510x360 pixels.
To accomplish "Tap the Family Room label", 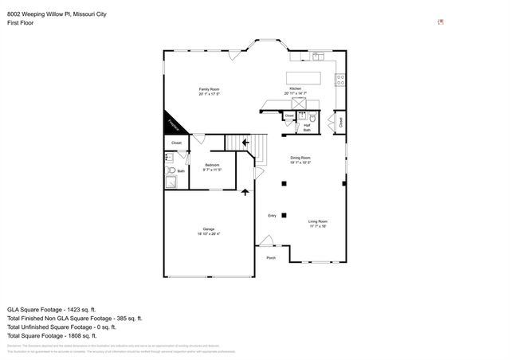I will [x=209, y=88].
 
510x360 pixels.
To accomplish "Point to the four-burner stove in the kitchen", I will [x=340, y=80].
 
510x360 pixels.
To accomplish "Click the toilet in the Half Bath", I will [x=313, y=118].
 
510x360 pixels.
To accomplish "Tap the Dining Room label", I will [x=300, y=158].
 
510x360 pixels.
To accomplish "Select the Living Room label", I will [x=318, y=221].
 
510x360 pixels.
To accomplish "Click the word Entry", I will [x=272, y=215].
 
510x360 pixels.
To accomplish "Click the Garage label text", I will [x=208, y=229].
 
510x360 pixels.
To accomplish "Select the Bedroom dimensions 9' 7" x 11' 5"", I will [x=211, y=170].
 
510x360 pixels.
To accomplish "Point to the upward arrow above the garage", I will [x=245, y=192].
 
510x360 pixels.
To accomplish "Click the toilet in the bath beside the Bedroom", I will [x=169, y=170].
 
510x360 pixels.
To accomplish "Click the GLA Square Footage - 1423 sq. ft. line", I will [x=51, y=309].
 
